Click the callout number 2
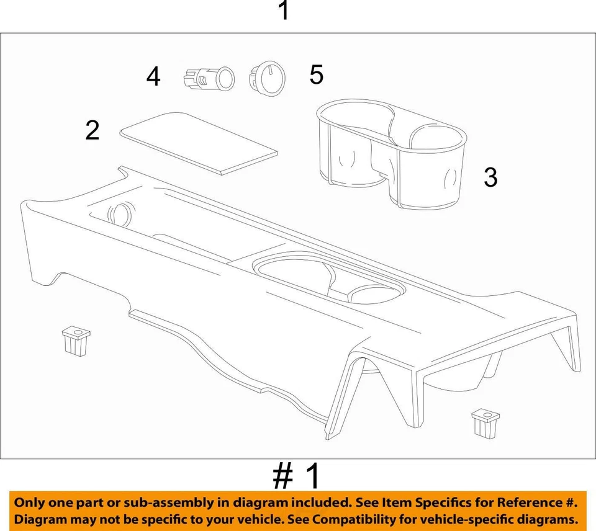(x=93, y=131)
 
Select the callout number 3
(x=490, y=178)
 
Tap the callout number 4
(x=153, y=78)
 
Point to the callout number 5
(x=317, y=75)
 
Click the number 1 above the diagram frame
(x=284, y=11)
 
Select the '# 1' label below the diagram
(x=297, y=476)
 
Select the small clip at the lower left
(x=76, y=342)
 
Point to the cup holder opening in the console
(x=329, y=279)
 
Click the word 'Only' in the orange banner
(x=30, y=502)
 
